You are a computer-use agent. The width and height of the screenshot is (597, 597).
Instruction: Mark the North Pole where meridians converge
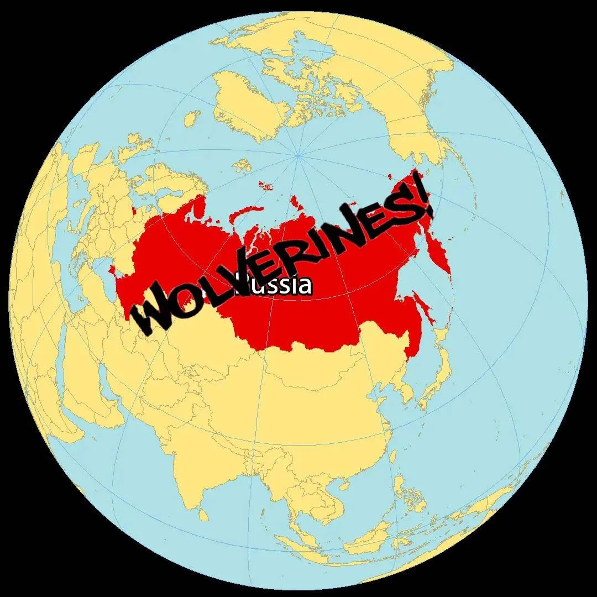click(x=299, y=156)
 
